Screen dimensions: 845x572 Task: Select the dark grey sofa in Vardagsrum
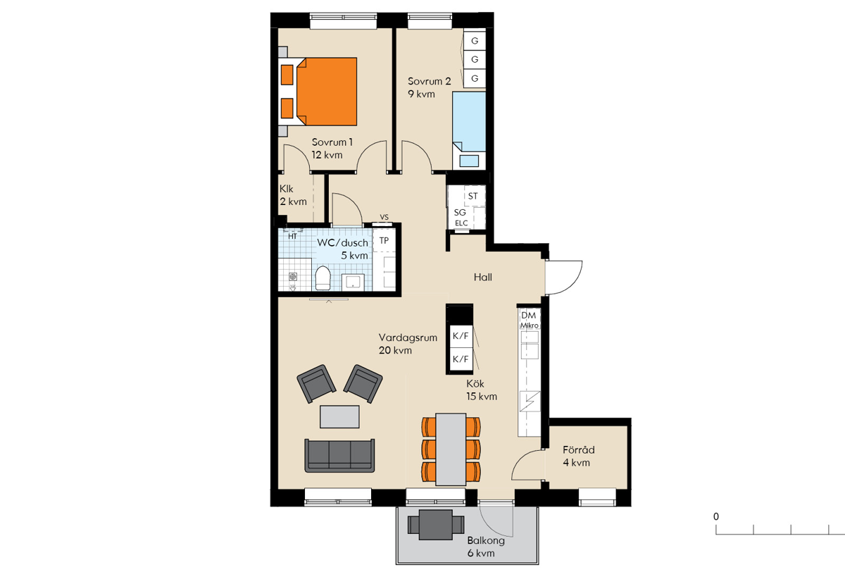[339, 455]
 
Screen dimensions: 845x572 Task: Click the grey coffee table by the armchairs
[339, 416]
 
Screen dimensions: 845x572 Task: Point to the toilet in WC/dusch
[323, 278]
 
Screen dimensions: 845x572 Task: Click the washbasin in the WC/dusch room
[353, 282]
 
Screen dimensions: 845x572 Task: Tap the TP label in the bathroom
[384, 240]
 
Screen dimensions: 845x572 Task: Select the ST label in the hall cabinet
[472, 197]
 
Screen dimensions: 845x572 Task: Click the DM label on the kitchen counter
[529, 316]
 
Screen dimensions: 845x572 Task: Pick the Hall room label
[483, 278]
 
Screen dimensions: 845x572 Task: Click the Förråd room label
[579, 449]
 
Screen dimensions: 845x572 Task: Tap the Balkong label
[486, 540]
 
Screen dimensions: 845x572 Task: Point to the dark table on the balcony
[436, 525]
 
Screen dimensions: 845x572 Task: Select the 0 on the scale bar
[716, 516]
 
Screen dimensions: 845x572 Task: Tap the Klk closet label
[287, 189]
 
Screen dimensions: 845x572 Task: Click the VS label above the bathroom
[384, 217]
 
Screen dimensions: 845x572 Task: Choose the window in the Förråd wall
[598, 497]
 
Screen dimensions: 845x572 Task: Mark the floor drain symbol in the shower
[293, 277]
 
